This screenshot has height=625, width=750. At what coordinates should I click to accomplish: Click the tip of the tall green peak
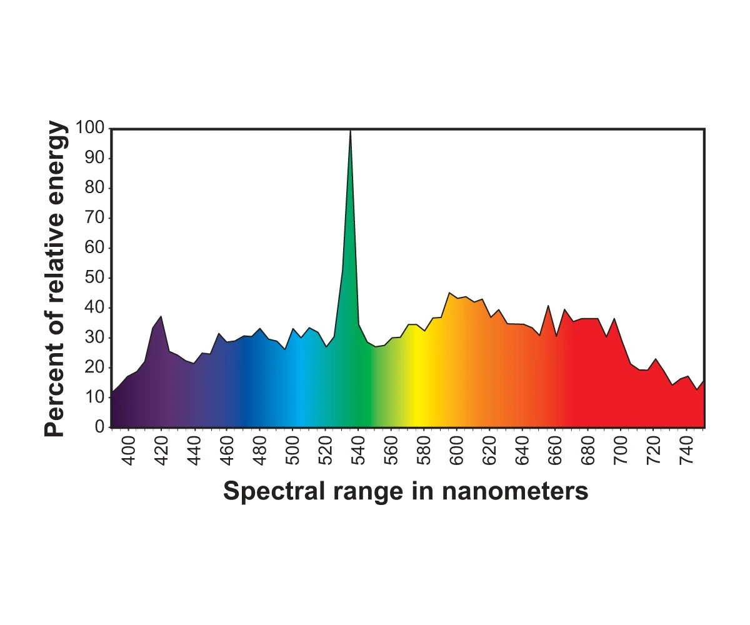pos(350,130)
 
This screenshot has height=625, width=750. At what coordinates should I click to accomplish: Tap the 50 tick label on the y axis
pos(95,278)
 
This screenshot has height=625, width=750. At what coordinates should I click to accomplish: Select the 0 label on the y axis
pos(99,427)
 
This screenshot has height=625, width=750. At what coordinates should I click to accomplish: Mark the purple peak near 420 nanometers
pos(161,316)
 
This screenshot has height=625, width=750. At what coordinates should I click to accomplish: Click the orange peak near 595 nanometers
pos(449,292)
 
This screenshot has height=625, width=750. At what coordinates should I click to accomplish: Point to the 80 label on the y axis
pos(95,188)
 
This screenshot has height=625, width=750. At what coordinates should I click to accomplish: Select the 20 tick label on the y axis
pos(95,367)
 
